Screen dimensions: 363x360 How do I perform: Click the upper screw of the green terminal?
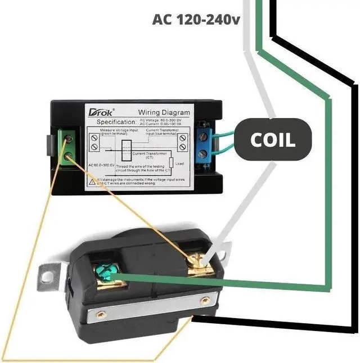point(71,138)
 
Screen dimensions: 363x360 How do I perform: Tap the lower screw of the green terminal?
point(71,157)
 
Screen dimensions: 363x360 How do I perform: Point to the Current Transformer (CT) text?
point(156,155)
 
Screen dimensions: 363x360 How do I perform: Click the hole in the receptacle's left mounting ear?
point(48,276)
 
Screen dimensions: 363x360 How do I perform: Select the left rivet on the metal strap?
point(101,314)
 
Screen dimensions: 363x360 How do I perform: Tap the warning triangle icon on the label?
point(92,181)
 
